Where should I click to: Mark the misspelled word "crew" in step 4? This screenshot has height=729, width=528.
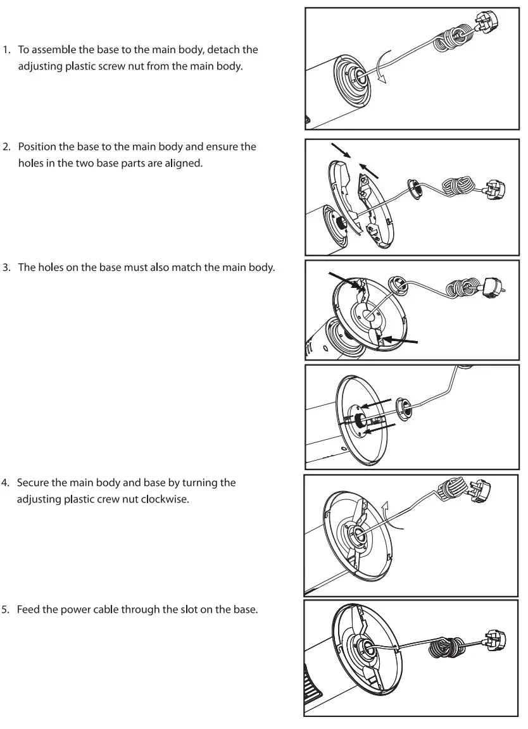[127, 499]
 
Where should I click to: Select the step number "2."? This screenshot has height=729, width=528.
[8, 146]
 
